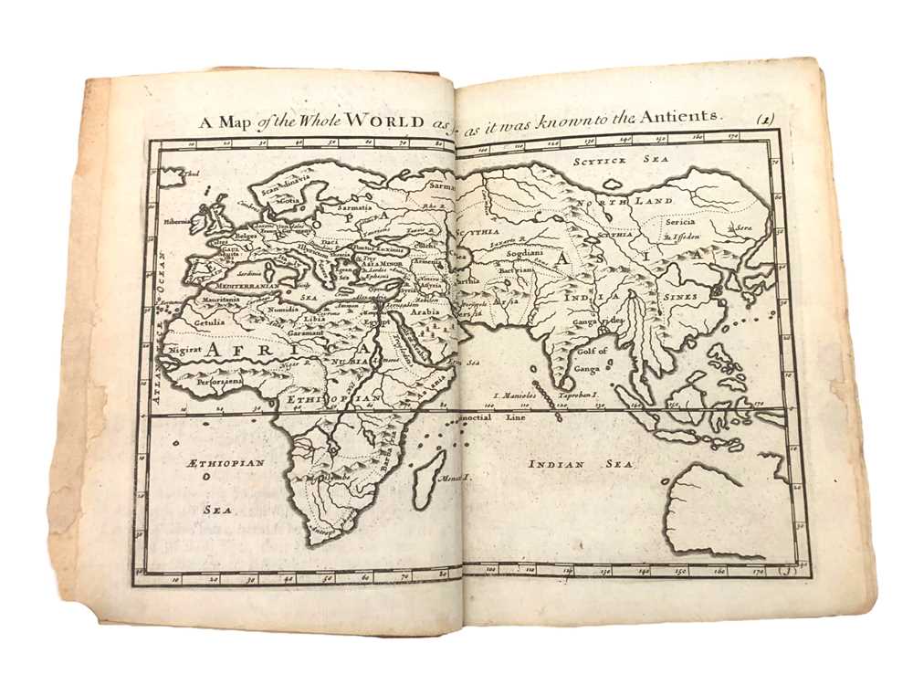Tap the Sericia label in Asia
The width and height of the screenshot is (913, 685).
[x=680, y=222]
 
